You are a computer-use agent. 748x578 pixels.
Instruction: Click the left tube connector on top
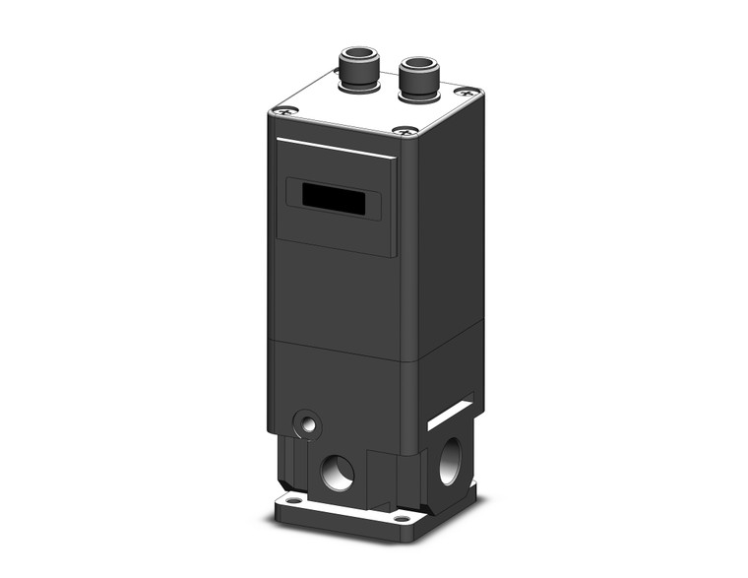point(356,74)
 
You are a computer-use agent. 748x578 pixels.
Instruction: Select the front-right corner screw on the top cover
point(404,130)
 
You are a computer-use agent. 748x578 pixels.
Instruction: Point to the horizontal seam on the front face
point(335,350)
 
